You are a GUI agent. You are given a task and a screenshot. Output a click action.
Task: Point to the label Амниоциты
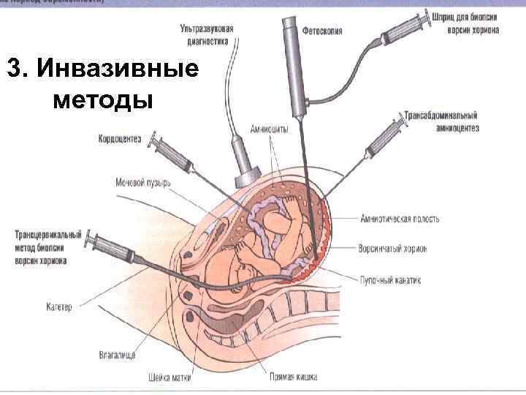pos(268,129)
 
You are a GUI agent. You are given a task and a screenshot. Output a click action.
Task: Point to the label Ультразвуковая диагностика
pos(207,34)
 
